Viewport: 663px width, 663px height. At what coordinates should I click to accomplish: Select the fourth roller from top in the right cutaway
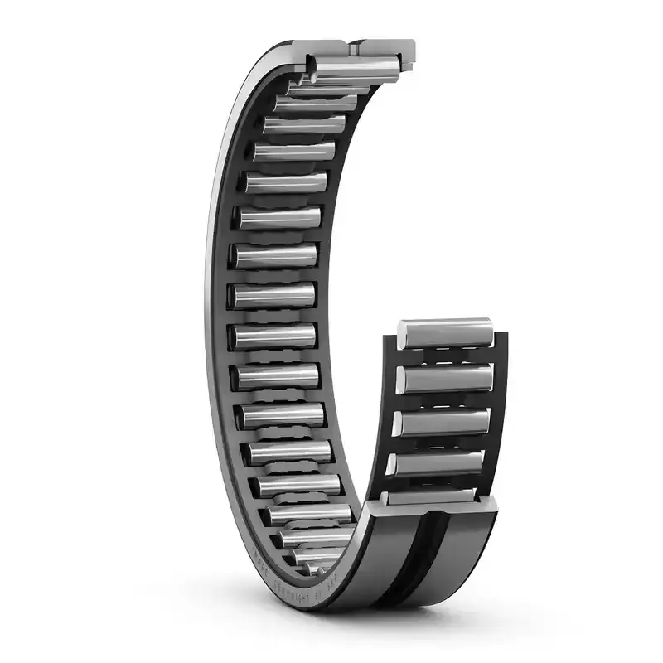pos(439,462)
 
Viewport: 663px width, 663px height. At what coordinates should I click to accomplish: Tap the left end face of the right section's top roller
pos(402,333)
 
